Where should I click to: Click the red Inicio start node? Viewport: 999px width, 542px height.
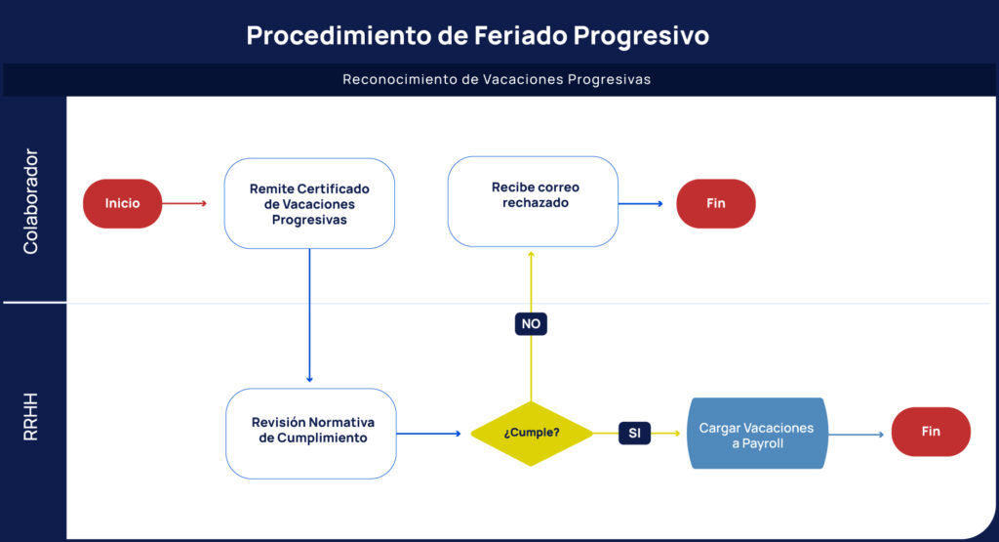click(x=122, y=203)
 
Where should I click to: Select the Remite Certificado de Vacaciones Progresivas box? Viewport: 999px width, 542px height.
click(x=309, y=203)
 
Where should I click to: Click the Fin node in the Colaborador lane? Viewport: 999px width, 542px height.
click(x=716, y=203)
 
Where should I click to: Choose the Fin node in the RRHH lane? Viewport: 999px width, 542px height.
click(x=931, y=432)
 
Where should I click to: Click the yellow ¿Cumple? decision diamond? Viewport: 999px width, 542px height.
click(x=532, y=432)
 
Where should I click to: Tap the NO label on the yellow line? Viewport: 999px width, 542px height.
click(x=531, y=323)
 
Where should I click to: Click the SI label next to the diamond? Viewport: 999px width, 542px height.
click(x=634, y=432)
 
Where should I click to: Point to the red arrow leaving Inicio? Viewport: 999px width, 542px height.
click(x=184, y=203)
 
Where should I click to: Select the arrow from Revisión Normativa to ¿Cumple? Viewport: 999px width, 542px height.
click(x=428, y=432)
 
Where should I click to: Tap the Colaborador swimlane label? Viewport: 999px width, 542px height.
click(x=31, y=202)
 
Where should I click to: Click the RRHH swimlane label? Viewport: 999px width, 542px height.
click(x=31, y=417)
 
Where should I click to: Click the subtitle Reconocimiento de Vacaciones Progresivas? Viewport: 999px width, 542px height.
click(x=497, y=79)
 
